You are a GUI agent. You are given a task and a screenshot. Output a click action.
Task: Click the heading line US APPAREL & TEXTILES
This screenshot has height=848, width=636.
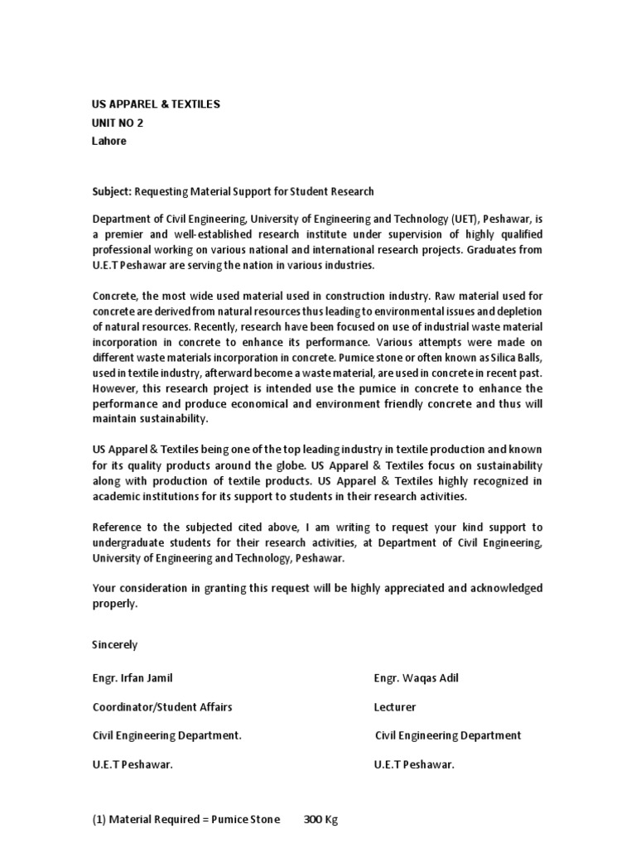pyautogui.click(x=156, y=104)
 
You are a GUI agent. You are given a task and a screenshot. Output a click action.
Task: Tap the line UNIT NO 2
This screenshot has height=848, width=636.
pyautogui.click(x=122, y=123)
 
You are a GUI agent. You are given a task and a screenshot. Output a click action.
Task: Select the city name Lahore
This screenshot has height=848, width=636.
pyautogui.click(x=109, y=141)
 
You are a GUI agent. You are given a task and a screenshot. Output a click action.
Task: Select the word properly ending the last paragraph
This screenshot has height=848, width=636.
pyautogui.click(x=115, y=604)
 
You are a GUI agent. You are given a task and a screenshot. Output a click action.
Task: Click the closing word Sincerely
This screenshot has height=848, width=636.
pyautogui.click(x=115, y=644)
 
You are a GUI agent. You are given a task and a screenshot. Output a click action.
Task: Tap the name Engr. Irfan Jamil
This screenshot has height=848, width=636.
pyautogui.click(x=133, y=678)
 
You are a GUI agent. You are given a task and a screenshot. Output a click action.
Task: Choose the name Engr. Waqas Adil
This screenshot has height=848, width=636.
pyautogui.click(x=416, y=678)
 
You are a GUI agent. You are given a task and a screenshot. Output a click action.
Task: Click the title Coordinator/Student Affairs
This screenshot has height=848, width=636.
pyautogui.click(x=162, y=707)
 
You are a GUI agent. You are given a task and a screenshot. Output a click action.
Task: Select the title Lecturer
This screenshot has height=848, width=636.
pyautogui.click(x=395, y=707)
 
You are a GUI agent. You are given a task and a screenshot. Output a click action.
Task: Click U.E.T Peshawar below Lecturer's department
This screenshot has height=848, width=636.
pyautogui.click(x=414, y=764)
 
